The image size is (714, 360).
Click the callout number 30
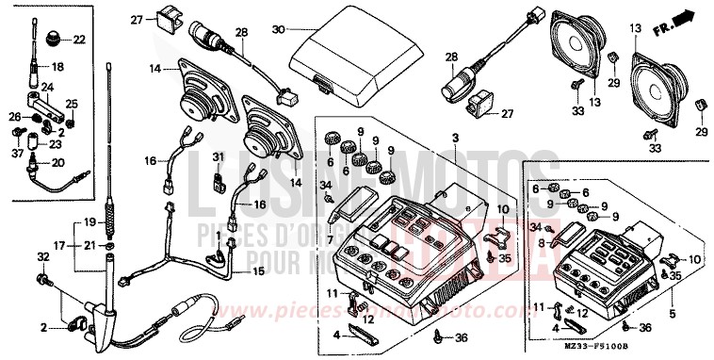pos(277,30)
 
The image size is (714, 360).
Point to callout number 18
pos(58,67)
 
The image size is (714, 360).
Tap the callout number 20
pos(57,162)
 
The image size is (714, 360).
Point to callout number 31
pos(218,156)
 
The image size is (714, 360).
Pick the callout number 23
pos(57,145)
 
